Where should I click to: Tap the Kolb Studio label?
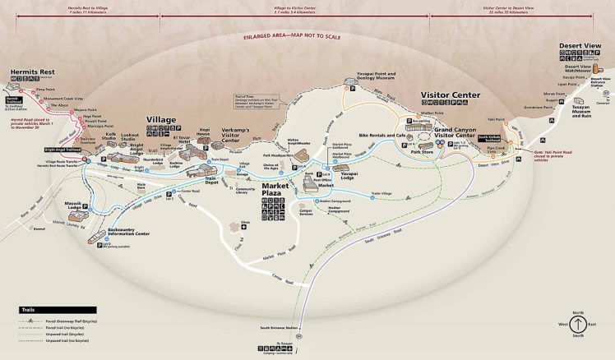click(109, 138)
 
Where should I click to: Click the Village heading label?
click(161, 120)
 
